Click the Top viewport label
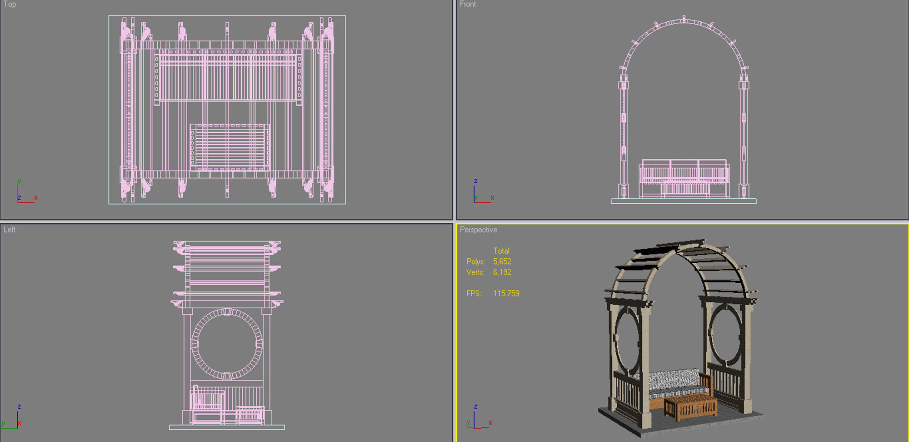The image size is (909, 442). point(10,4)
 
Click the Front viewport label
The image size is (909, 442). point(468,4)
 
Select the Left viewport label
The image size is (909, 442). point(10,230)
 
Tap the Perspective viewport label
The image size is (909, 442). point(478,230)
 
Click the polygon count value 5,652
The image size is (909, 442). point(502,261)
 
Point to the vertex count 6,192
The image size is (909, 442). point(502,272)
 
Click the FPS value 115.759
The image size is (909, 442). point(506,293)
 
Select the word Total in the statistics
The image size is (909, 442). point(501,251)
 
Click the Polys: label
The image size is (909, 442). point(475,261)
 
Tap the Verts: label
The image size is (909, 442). point(475,272)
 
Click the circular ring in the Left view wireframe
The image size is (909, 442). point(227,344)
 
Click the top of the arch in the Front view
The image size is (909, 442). point(684,20)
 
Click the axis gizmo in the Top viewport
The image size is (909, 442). point(25,193)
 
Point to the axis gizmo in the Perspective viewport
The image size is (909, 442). point(477,418)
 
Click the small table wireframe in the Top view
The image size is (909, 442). point(230,147)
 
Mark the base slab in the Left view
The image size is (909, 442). point(227,427)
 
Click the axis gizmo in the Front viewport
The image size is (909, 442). point(481,193)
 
